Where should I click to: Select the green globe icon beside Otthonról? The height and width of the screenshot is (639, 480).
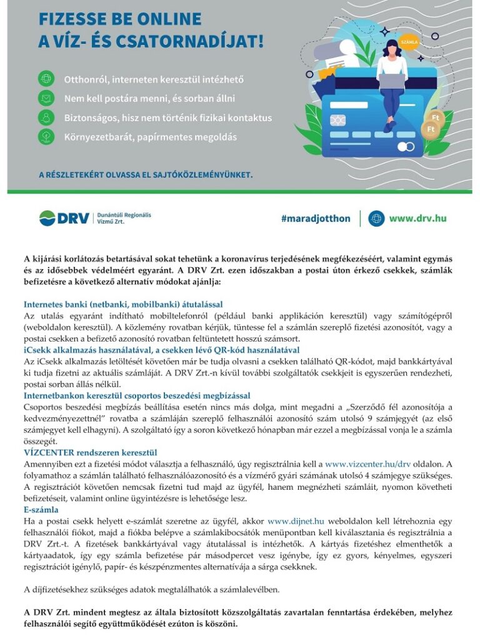click(46, 79)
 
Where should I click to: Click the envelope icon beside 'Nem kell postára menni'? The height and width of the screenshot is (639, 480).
click(46, 98)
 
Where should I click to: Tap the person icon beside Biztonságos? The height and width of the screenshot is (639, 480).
click(46, 117)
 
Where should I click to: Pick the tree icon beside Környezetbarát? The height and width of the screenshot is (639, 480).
click(46, 136)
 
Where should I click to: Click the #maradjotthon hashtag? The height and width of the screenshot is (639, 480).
click(316, 218)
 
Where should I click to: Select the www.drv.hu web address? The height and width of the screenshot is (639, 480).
click(417, 218)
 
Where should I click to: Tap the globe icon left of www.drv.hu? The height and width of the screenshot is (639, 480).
click(376, 218)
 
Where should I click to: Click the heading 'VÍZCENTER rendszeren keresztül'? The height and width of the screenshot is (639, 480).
click(90, 452)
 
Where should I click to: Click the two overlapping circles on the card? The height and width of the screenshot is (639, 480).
click(405, 147)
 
